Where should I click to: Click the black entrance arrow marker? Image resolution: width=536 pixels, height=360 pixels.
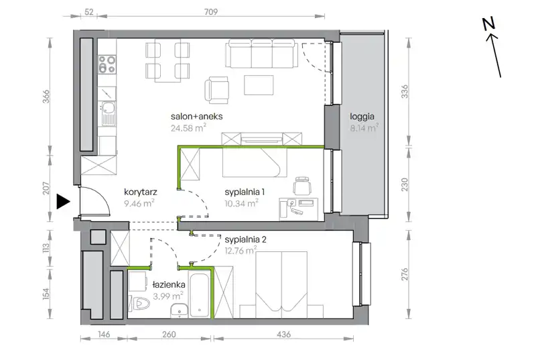pyautogui.click(x=62, y=202)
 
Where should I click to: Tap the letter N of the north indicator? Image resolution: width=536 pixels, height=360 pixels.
pyautogui.click(x=489, y=23)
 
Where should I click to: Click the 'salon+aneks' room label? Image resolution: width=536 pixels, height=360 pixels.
pyautogui.click(x=196, y=116)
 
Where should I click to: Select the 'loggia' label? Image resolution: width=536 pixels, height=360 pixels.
pyautogui.click(x=362, y=117)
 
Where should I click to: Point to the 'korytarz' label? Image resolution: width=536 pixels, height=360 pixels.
pyautogui.click(x=141, y=192)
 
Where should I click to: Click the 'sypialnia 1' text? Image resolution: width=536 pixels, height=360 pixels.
pyautogui.click(x=245, y=192)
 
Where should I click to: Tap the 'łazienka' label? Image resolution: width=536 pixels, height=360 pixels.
pyautogui.click(x=169, y=284)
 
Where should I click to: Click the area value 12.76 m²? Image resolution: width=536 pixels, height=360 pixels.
pyautogui.click(x=241, y=251)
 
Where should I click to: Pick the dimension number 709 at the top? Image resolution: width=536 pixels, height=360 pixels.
pyautogui.click(x=211, y=12)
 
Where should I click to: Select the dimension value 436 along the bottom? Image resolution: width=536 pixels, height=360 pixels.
pyautogui.click(x=283, y=334)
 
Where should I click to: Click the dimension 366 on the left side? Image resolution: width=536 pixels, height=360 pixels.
pyautogui.click(x=46, y=97)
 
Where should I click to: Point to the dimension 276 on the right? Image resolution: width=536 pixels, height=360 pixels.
pyautogui.click(x=405, y=274)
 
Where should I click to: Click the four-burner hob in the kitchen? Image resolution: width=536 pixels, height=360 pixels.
pyautogui.click(x=107, y=64)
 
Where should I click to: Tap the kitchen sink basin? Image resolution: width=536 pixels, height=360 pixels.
pyautogui.click(x=108, y=108)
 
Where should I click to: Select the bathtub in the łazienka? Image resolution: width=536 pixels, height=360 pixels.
pyautogui.click(x=200, y=295)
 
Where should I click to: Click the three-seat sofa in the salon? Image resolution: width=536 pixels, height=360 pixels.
pyautogui.click(x=261, y=54)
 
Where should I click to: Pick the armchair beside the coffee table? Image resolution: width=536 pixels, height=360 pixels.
pyautogui.click(x=216, y=90)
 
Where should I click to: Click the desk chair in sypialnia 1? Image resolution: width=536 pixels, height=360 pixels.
pyautogui.click(x=302, y=186)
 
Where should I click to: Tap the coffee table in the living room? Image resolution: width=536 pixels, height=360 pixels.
pyautogui.click(x=259, y=85)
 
